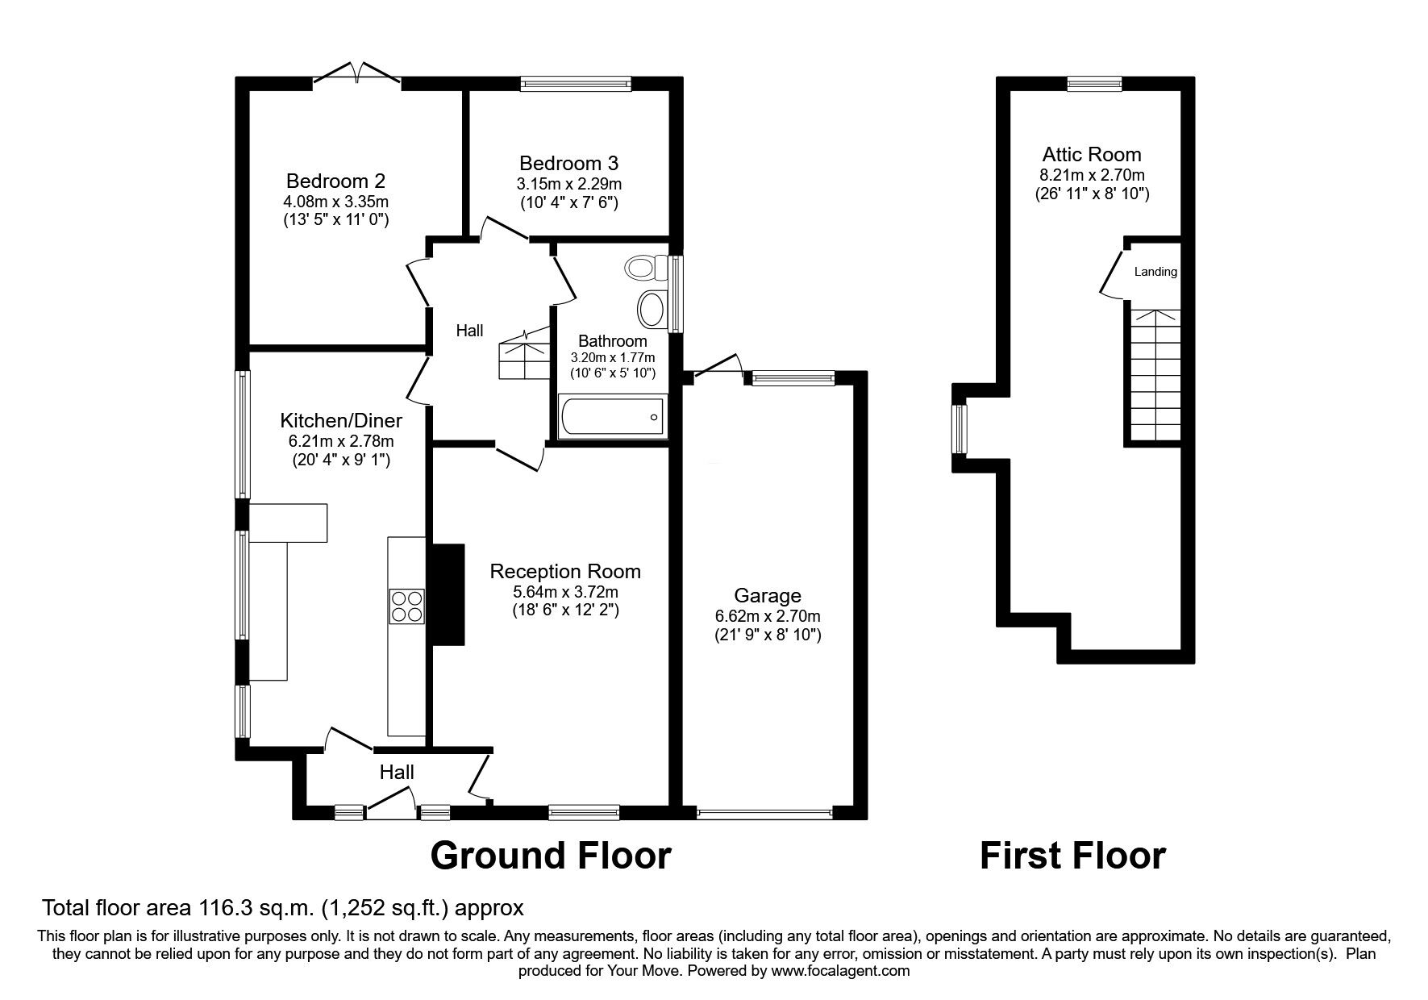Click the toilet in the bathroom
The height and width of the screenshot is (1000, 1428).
tap(646, 267)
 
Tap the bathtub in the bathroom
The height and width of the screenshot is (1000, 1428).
tap(611, 417)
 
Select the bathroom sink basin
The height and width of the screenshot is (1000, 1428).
tap(652, 308)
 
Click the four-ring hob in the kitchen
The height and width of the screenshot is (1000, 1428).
tap(406, 606)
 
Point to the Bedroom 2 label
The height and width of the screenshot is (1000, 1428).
tap(335, 180)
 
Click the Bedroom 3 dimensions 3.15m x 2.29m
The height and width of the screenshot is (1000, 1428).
tap(569, 184)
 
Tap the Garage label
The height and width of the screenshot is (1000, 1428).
tap(768, 596)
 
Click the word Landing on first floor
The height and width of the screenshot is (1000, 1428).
tap(1155, 272)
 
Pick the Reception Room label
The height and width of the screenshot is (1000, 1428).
tap(565, 572)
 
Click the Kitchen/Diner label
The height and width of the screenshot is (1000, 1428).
tap(340, 420)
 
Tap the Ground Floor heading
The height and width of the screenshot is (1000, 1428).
tap(551, 856)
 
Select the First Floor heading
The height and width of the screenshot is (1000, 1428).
tap(1072, 856)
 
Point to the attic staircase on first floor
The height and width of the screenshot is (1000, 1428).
tap(1154, 375)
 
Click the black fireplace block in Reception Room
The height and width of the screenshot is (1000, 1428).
tap(449, 594)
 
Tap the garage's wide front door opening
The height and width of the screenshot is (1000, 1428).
tap(764, 814)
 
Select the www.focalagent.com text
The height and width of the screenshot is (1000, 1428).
tap(840, 971)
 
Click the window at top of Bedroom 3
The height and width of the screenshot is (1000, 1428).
tap(575, 82)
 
